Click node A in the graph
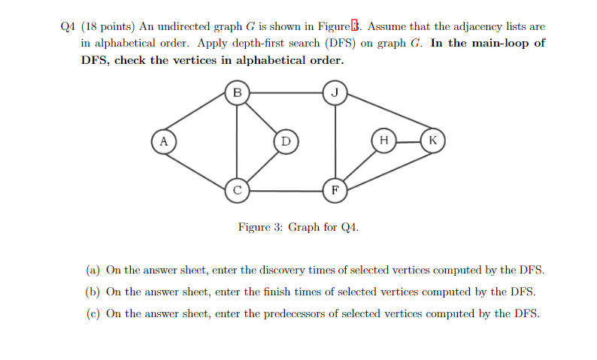point(162,141)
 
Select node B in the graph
point(237,93)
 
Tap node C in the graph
point(237,190)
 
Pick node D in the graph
point(285,141)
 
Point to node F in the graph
point(335,190)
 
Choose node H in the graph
point(383,141)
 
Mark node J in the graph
point(335,93)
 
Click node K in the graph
point(432,141)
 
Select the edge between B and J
point(286,93)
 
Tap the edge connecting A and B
point(199,117)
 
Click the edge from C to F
point(286,190)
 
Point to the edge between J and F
point(335,141)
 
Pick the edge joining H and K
point(408,141)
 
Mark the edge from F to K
point(384,165)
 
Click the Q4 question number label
point(68,25)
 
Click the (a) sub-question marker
point(93,270)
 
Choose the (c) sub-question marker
point(93,313)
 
